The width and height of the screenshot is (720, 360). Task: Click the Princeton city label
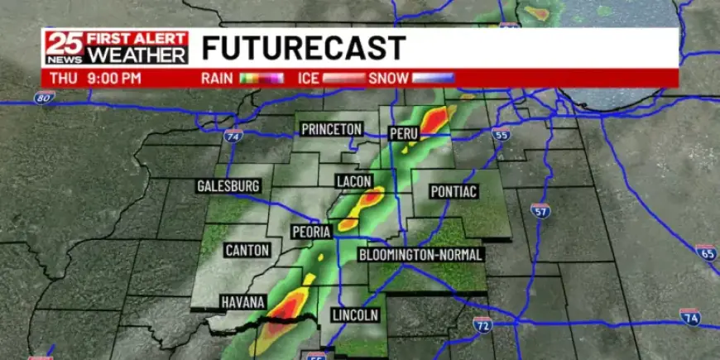click(331, 129)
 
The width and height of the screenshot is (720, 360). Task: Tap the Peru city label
click(404, 133)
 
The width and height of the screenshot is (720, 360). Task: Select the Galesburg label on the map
click(228, 186)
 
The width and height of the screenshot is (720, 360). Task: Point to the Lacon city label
click(354, 181)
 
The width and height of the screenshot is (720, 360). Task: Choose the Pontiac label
click(454, 191)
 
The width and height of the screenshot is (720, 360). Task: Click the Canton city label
click(247, 249)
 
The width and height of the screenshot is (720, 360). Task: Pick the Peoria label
click(311, 232)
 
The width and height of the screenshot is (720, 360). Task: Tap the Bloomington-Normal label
click(420, 255)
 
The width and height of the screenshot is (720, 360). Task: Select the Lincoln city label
click(354, 315)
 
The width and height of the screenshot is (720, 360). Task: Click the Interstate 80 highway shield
click(45, 98)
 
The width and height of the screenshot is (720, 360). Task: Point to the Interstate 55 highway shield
click(500, 135)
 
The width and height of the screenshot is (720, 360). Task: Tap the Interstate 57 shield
click(540, 211)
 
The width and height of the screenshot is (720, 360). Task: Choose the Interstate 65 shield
click(705, 252)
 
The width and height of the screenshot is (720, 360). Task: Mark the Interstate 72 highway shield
click(482, 323)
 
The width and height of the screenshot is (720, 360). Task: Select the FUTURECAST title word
click(303, 48)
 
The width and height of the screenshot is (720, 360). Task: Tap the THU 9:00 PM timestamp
click(95, 79)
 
